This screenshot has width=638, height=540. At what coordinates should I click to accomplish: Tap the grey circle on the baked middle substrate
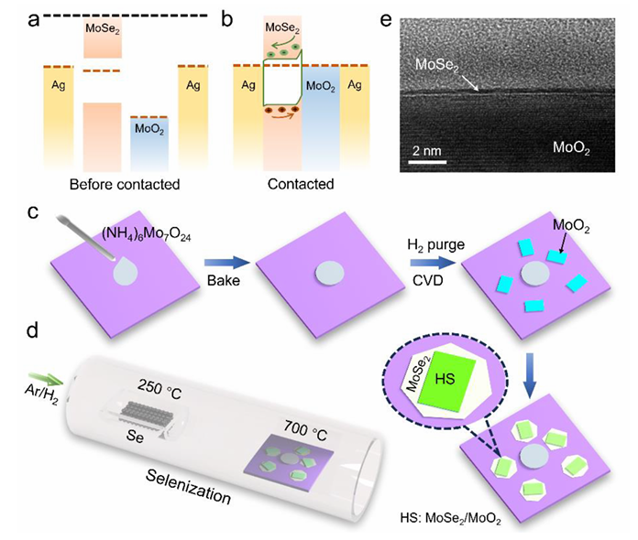323,273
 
